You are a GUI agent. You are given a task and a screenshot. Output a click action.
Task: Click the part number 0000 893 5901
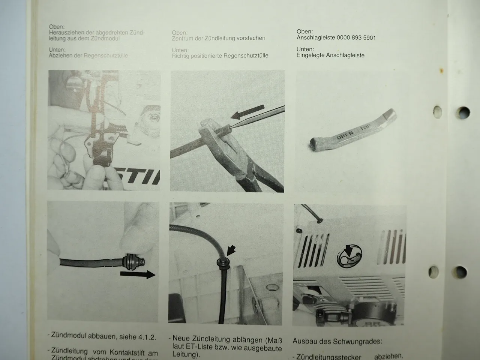pyautogui.click(x=356, y=38)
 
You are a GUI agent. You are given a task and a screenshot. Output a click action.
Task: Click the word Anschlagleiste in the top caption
pyautogui.click(x=315, y=38)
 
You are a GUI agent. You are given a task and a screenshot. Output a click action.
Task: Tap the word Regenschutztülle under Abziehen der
pyautogui.click(x=106, y=56)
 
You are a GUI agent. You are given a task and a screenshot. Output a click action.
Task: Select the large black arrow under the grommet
pyautogui.click(x=137, y=275)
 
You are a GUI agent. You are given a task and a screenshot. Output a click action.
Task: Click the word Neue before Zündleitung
pyautogui.click(x=181, y=340)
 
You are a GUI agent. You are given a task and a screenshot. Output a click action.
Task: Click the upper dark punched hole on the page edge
pyautogui.click(x=463, y=112)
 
